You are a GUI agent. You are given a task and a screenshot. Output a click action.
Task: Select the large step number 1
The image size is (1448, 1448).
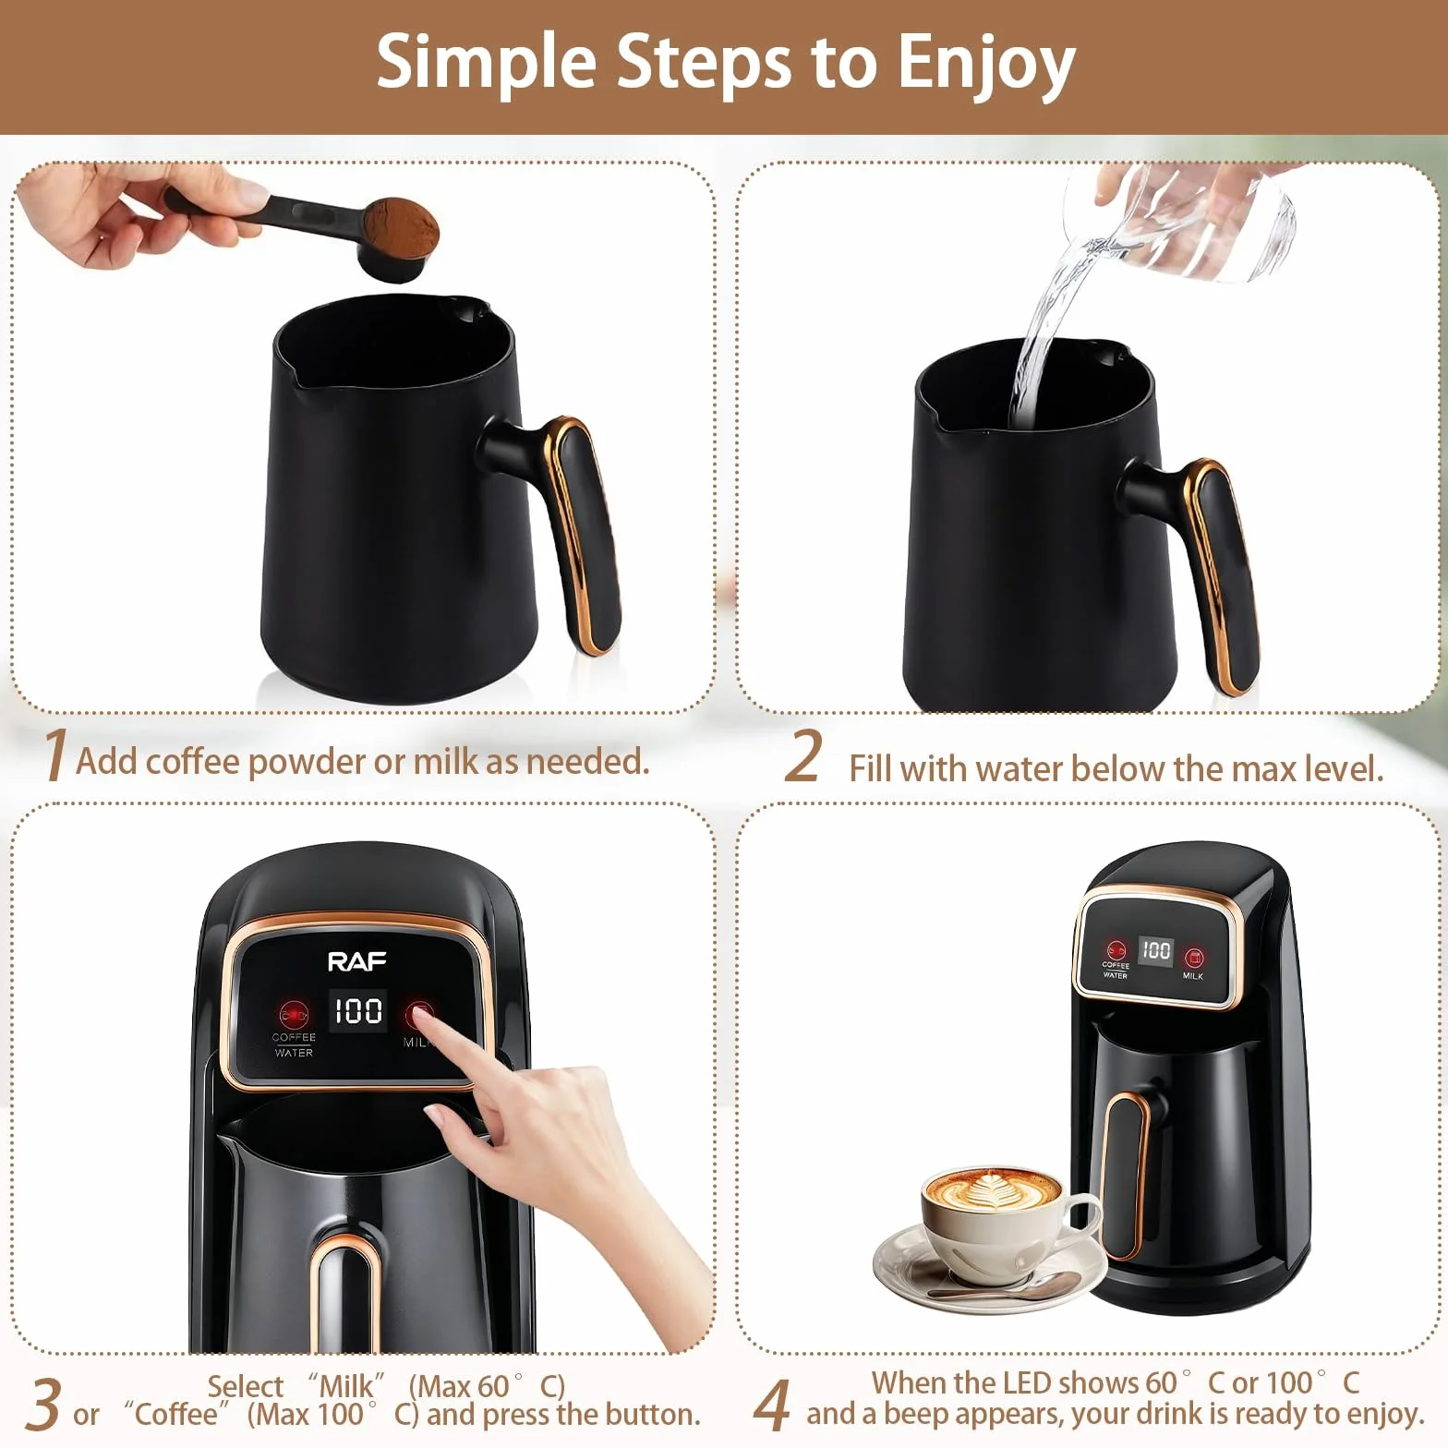(x=54, y=754)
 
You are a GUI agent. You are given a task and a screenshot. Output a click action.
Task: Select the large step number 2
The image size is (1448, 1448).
(x=803, y=756)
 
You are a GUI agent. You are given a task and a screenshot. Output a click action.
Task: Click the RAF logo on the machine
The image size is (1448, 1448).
(x=357, y=962)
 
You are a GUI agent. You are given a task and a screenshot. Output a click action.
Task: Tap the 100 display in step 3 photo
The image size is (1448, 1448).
(x=358, y=1010)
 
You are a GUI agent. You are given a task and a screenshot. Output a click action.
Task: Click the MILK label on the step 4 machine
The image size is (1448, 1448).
(x=1193, y=975)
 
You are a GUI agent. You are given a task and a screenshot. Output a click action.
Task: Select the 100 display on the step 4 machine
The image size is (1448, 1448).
(x=1155, y=950)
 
